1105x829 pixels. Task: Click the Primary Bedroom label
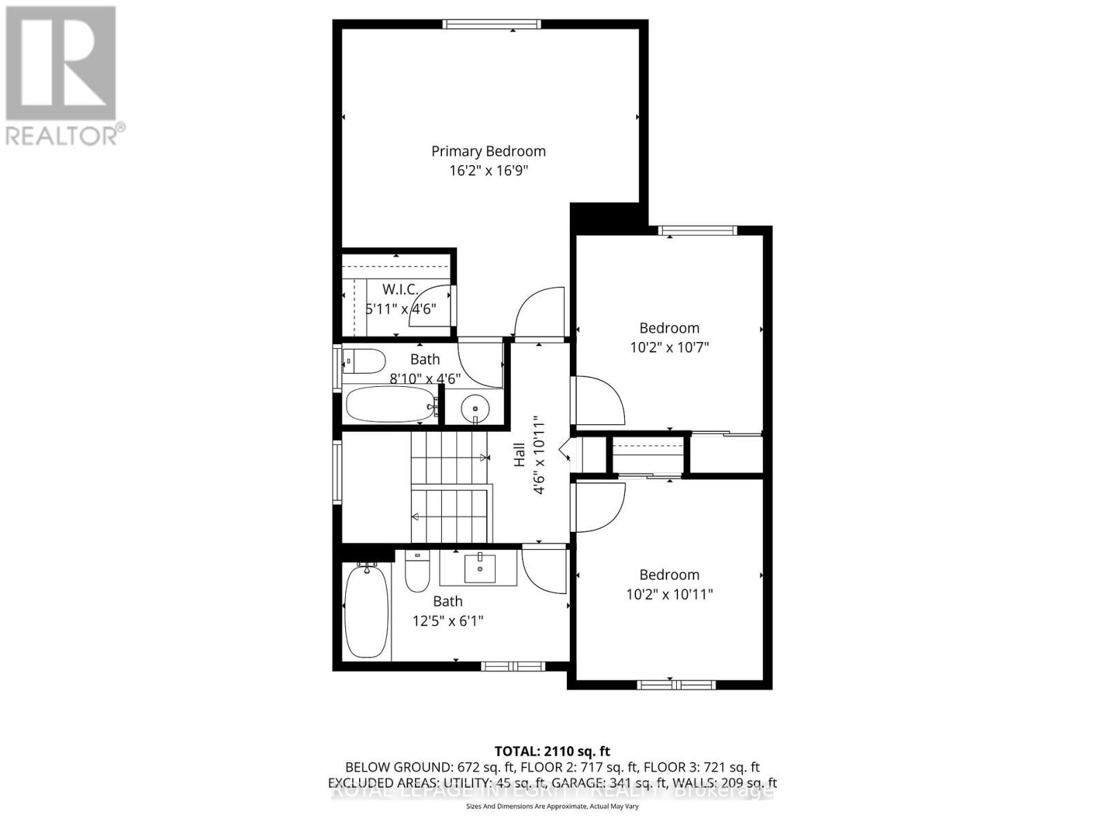point(488,151)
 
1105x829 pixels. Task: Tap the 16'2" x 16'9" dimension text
point(488,171)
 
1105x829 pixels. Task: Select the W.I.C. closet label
point(401,289)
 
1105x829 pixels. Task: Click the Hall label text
point(519,455)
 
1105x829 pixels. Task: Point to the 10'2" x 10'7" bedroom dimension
point(669,347)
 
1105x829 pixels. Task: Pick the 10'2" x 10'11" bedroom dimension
point(669,594)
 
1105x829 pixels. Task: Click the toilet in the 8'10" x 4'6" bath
point(364,361)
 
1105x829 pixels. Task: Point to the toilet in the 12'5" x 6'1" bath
point(417,573)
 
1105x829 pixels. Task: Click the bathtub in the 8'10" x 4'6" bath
point(390,405)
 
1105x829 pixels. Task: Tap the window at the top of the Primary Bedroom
point(492,24)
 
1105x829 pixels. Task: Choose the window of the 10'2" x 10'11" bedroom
point(670,685)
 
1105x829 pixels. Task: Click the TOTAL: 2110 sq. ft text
point(552,751)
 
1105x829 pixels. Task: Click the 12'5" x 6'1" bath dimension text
point(448,621)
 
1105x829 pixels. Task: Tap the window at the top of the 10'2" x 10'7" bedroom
point(698,231)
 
